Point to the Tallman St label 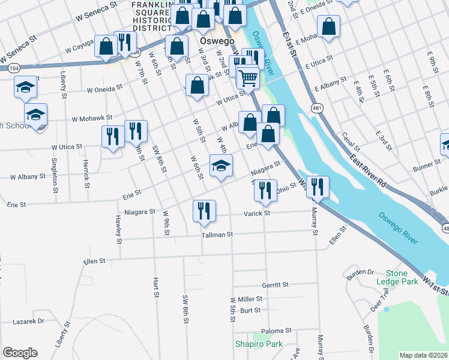217,235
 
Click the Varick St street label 257,213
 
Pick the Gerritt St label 276,284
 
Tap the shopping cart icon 247,77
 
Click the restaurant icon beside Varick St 204,211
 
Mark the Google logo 20,353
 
